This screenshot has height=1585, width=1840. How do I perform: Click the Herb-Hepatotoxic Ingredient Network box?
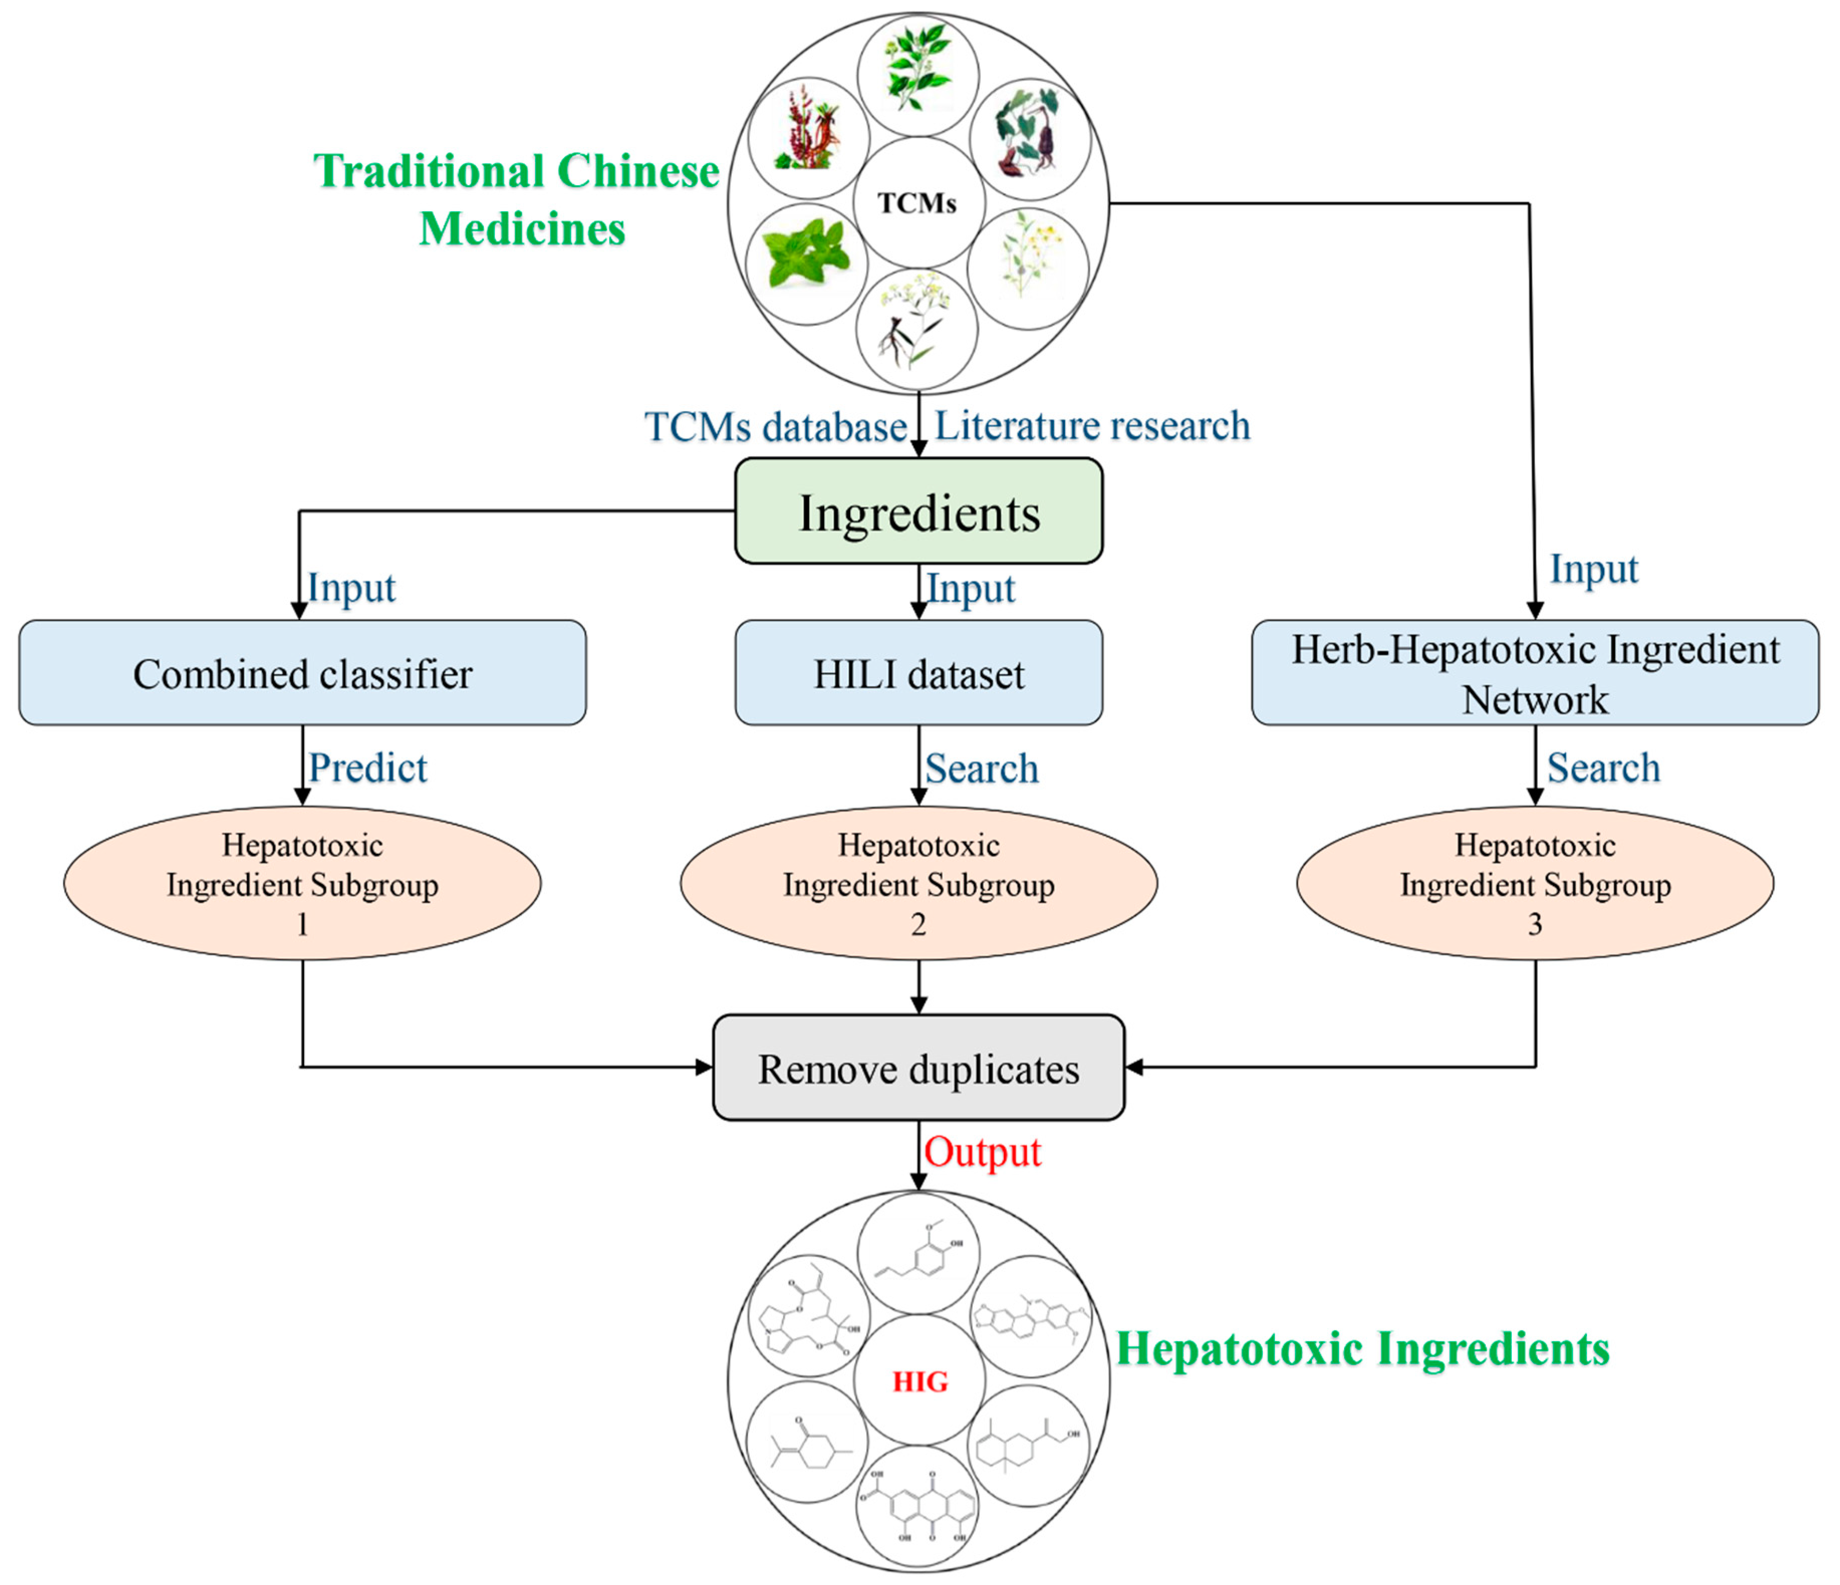coord(1534,673)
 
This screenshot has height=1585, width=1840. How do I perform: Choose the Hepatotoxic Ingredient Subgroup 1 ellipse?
coord(302,883)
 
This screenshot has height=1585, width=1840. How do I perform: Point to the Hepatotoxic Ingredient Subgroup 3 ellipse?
coord(1534,883)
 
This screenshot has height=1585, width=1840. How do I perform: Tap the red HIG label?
coord(920,1382)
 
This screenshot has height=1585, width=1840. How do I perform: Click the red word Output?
coord(982,1152)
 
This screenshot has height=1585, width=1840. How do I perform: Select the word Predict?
coord(367,768)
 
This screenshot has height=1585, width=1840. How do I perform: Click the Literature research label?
coord(1092,426)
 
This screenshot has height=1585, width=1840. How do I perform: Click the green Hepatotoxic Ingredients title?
coord(1362,1349)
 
